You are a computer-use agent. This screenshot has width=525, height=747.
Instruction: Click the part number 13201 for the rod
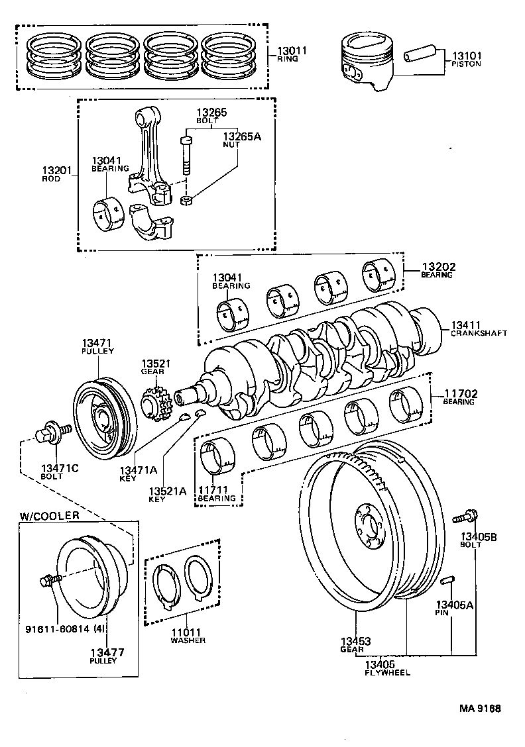[56, 171]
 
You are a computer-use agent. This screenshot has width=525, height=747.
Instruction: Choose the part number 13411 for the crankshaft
[467, 325]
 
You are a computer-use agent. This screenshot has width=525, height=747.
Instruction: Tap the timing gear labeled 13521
[156, 405]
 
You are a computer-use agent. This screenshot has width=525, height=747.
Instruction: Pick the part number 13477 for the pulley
[107, 652]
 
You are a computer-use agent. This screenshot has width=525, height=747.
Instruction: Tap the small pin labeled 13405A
[446, 581]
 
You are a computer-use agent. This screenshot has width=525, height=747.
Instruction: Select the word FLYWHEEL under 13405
[388, 672]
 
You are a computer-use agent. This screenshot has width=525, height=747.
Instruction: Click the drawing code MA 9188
[481, 709]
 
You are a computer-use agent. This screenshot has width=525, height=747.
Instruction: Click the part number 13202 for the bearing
[438, 267]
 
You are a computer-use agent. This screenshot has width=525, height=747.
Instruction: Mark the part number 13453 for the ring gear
[355, 641]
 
